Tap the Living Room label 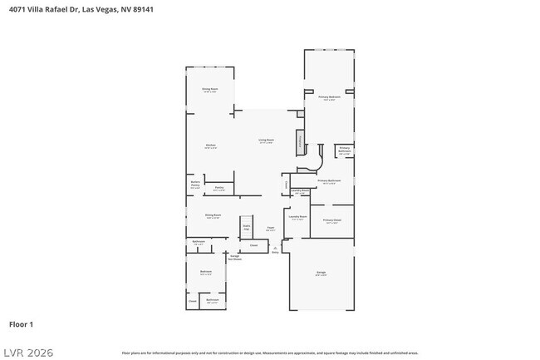[266, 141]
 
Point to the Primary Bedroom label [330, 98]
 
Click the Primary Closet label [332, 220]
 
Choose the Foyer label [271, 229]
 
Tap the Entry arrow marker [275, 249]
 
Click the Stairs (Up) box [247, 226]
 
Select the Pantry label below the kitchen [219, 188]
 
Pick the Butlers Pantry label [195, 185]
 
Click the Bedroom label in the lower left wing [205, 272]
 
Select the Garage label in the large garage [321, 273]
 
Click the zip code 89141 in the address [142, 9]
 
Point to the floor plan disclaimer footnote [269, 353]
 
